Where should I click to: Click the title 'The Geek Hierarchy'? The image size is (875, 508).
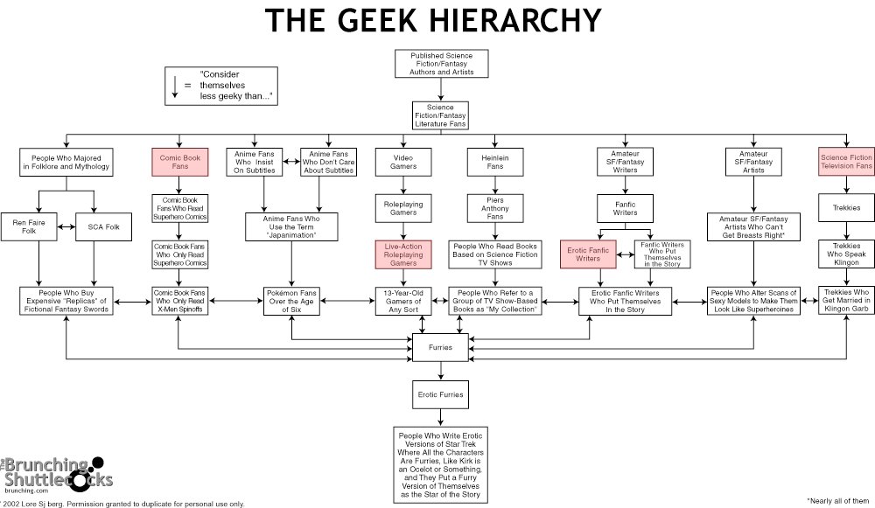pos(433,19)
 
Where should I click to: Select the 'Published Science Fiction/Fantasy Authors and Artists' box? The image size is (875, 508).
pos(441,64)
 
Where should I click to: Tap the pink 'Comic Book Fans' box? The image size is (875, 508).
pos(178,162)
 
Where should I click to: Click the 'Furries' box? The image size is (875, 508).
pos(440,347)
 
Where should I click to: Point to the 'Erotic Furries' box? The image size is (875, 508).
pos(440,394)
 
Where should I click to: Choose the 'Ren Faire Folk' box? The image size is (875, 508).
pos(24,227)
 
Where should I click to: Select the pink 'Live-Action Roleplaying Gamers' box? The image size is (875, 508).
pos(402,254)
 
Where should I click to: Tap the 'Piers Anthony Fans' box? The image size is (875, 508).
pos(495,209)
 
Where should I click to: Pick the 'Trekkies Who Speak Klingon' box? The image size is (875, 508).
pos(846,254)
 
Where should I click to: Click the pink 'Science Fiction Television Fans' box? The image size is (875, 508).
pos(846,162)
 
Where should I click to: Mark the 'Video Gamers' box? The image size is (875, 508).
pos(402,162)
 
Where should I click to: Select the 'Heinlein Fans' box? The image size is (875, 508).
pos(495,162)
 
